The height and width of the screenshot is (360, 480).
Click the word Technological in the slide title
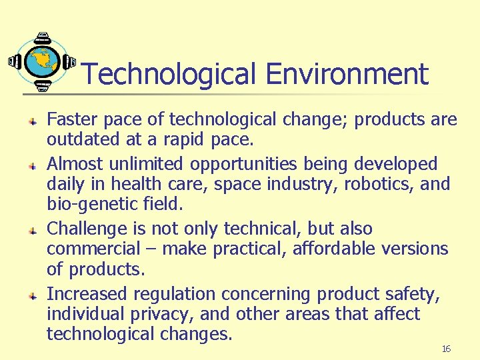pyautogui.click(x=169, y=74)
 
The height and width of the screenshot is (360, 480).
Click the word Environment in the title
pyautogui.click(x=347, y=74)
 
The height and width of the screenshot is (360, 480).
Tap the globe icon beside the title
pyautogui.click(x=41, y=61)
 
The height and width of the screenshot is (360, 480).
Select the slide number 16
pyautogui.click(x=447, y=349)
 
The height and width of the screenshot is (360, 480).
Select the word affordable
pyautogui.click(x=307, y=249)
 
